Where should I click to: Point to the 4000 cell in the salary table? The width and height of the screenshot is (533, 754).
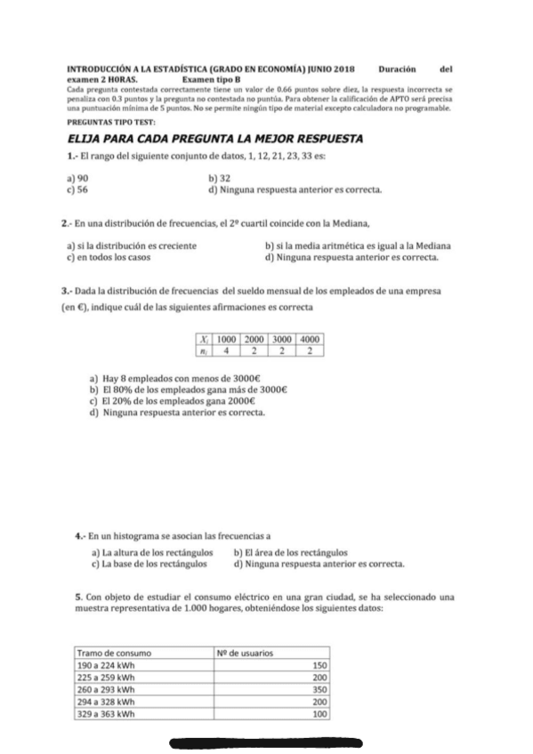click(x=309, y=339)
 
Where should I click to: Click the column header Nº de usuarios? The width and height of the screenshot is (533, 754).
click(x=244, y=653)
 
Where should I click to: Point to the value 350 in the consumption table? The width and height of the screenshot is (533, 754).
click(x=320, y=688)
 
